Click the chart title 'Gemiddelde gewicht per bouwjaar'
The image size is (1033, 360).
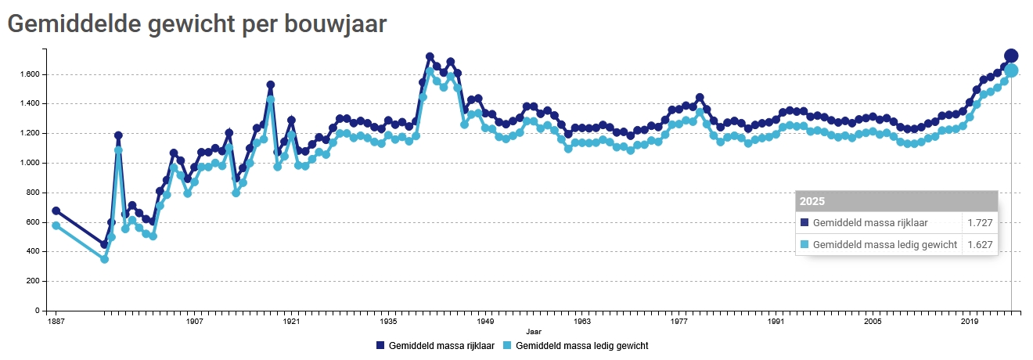coord(196,24)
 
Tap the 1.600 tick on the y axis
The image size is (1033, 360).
coord(31,74)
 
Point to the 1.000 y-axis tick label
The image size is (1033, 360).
coord(31,163)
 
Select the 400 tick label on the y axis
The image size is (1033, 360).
coord(34,251)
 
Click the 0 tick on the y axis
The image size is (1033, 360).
coord(38,311)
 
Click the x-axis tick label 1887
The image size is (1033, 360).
coord(55,321)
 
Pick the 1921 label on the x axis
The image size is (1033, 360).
coord(291,321)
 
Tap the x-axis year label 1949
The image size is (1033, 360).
coord(485,321)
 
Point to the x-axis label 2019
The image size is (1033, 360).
coord(970,321)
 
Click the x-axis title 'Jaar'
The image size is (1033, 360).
coord(533,332)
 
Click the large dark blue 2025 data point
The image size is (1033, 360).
coord(1011,56)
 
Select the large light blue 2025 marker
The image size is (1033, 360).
coord(1011,70)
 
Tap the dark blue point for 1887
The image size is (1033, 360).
coord(56,211)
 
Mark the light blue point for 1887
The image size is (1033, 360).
coord(56,225)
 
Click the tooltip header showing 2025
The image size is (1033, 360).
coord(897,201)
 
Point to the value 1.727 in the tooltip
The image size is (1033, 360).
coord(980,223)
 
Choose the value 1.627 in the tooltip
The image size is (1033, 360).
coord(980,245)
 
